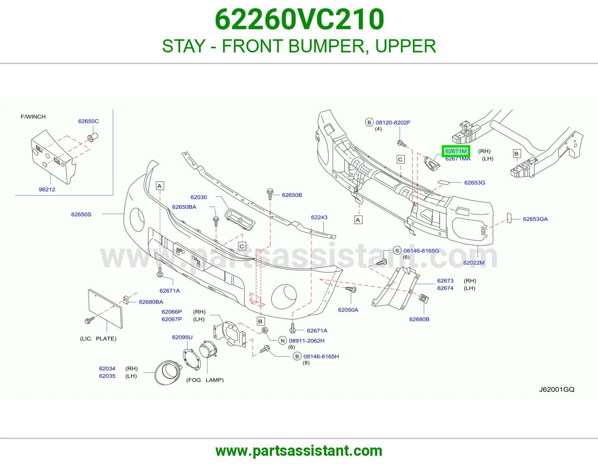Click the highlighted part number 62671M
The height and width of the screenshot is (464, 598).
click(456, 151)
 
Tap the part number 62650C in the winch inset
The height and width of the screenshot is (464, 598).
click(88, 121)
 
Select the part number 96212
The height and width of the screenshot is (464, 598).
click(47, 190)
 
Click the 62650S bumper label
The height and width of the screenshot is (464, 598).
click(81, 214)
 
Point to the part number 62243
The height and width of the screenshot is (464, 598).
click(319, 217)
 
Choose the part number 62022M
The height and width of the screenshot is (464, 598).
click(474, 263)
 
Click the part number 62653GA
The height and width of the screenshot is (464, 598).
click(535, 219)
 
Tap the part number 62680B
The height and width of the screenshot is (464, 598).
click(419, 319)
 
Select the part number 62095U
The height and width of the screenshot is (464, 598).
click(182, 337)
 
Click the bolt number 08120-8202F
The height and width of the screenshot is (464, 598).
click(393, 123)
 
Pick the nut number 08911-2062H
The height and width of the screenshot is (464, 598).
click(306, 341)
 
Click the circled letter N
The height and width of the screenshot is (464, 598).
click(283, 341)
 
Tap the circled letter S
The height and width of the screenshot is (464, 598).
click(397, 251)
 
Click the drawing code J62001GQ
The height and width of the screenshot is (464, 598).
click(557, 390)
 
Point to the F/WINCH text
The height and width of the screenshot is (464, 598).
click(33, 117)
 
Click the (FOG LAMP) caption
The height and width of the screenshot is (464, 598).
click(205, 380)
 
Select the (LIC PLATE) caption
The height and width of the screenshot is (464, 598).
click(98, 339)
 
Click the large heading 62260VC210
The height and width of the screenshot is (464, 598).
click(299, 19)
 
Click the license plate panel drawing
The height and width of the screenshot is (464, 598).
click(105, 309)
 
